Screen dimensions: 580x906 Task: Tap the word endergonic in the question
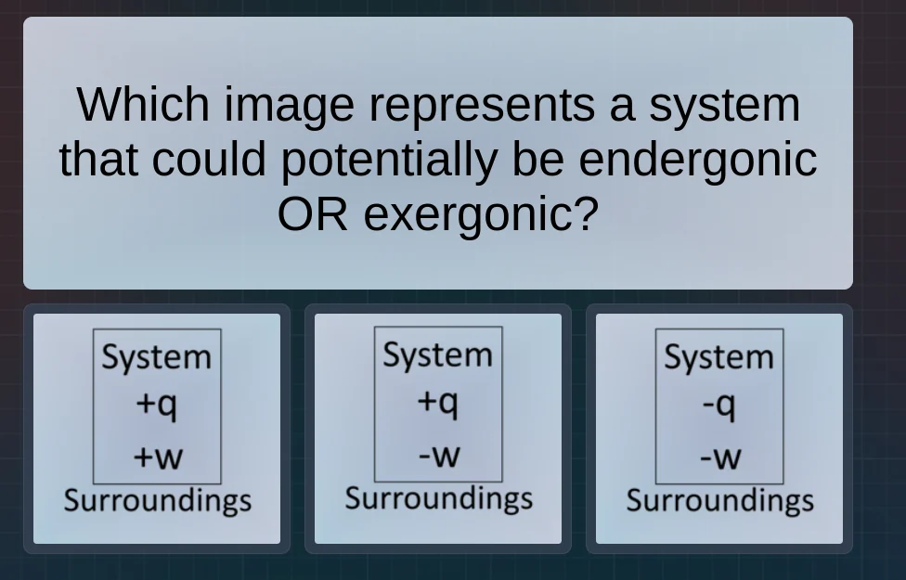(697, 159)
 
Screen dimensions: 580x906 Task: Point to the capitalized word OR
(312, 214)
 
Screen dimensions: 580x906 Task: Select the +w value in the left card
(157, 457)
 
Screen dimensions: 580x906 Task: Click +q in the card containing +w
(157, 404)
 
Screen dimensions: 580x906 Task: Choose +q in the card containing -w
(438, 402)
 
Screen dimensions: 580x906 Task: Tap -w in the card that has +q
(438, 455)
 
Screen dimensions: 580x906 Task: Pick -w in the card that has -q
(719, 457)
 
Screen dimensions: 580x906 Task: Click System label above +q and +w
(157, 356)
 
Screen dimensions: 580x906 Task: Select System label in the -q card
(718, 356)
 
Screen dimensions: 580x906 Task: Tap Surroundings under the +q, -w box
(438, 498)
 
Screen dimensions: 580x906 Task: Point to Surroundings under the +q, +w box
(157, 500)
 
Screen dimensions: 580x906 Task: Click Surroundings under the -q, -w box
(719, 500)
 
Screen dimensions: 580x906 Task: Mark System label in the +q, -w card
(438, 354)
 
